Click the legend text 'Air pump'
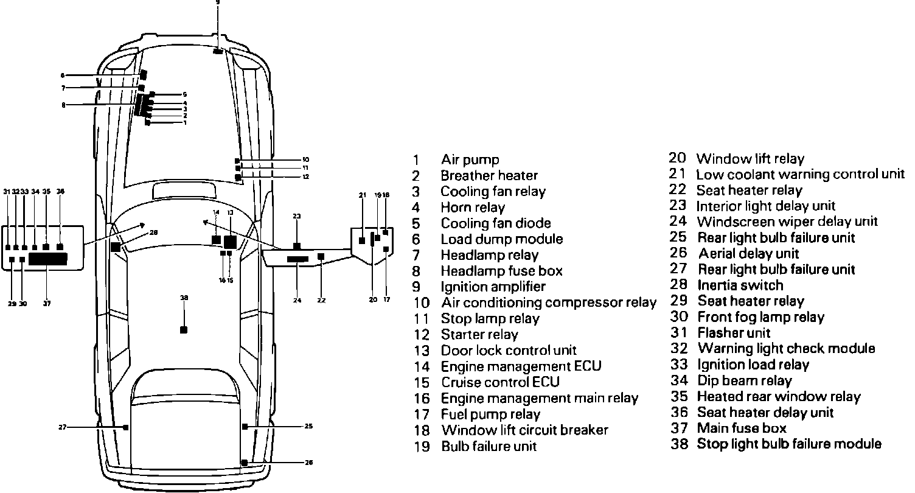[x=470, y=160]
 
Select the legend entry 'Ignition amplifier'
[x=493, y=287]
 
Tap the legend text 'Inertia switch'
[x=740, y=285]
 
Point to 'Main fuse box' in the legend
[x=742, y=428]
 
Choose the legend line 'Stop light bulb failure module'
[x=789, y=444]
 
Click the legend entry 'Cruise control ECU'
[x=500, y=382]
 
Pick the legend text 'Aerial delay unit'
[x=748, y=253]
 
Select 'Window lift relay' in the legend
[x=750, y=159]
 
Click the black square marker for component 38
[x=184, y=329]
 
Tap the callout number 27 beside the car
[x=62, y=427]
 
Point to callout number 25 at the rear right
[x=309, y=426]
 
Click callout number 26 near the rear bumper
[x=309, y=463]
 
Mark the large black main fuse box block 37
[x=48, y=259]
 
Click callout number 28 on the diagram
[x=153, y=232]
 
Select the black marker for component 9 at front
[x=218, y=52]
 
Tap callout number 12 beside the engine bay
[x=305, y=177]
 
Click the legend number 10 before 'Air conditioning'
[x=422, y=303]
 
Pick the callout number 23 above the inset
[x=296, y=216]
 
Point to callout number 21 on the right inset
[x=363, y=195]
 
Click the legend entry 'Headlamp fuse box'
[x=502, y=271]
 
